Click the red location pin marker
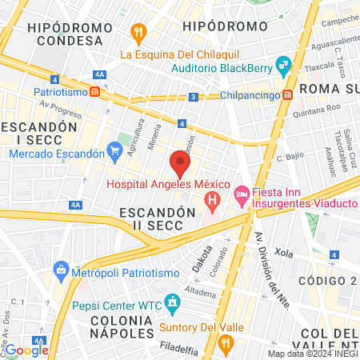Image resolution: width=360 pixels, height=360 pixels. pyautogui.click(x=180, y=165)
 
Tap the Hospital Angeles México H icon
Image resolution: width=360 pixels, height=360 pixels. pyautogui.click(x=212, y=199)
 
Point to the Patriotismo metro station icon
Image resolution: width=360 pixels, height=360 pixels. pyautogui.click(x=95, y=91)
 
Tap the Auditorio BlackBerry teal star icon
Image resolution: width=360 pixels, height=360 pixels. pyautogui.click(x=282, y=64)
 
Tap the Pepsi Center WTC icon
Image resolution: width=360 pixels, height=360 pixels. pyautogui.click(x=171, y=303)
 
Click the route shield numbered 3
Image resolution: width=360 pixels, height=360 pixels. pyautogui.click(x=194, y=97)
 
